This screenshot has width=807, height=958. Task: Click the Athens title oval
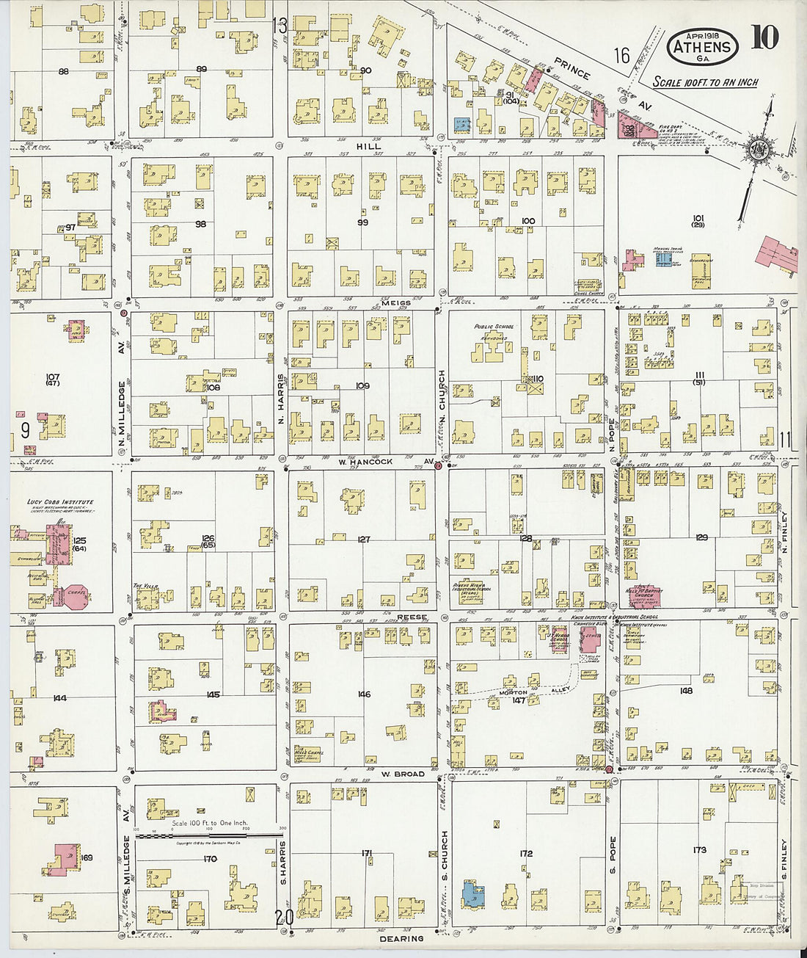click(703, 46)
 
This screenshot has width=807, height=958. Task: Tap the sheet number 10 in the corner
click(764, 37)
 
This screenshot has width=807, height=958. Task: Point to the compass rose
click(756, 150)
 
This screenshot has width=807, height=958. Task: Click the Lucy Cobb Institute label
click(60, 502)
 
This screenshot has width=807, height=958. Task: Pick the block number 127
click(363, 540)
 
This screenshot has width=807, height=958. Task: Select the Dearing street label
click(402, 938)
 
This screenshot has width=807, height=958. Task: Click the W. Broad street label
click(403, 774)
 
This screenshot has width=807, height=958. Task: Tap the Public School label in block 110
click(494, 327)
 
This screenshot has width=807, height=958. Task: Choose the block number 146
click(364, 694)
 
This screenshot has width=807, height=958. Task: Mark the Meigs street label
click(396, 302)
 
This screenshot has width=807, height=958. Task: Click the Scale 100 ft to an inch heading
click(705, 82)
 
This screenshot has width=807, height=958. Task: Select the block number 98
click(200, 224)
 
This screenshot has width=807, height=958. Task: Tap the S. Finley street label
click(784, 860)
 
